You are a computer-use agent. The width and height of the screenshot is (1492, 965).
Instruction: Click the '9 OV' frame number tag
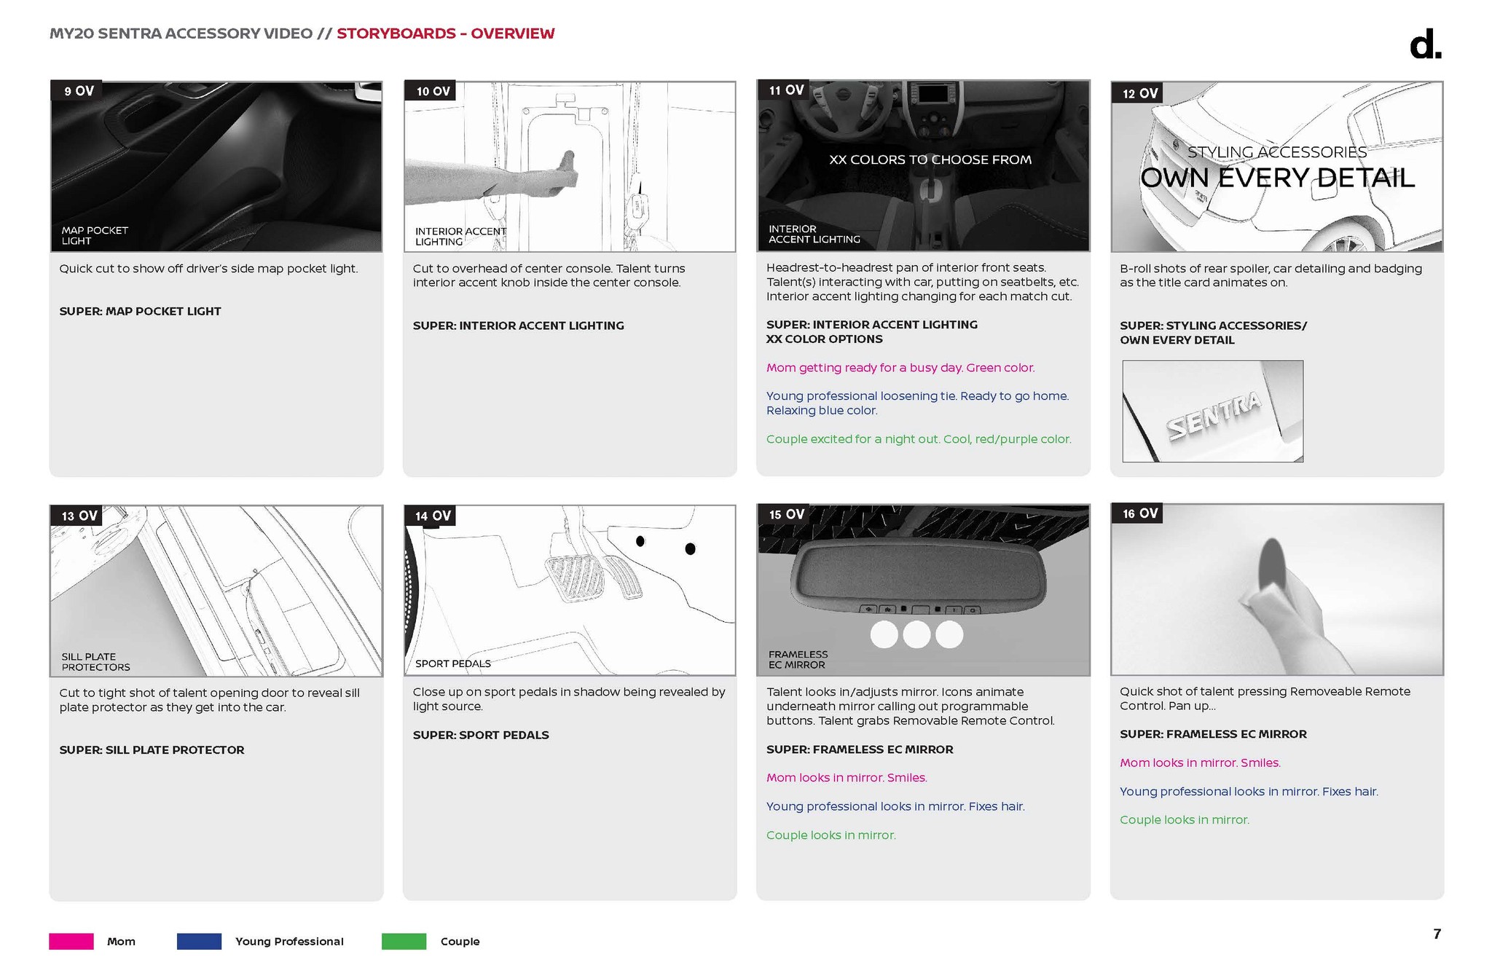coord(76,91)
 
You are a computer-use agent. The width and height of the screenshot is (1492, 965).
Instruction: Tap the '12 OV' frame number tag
coord(1137,93)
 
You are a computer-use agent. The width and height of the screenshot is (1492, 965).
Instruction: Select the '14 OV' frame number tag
coord(430,516)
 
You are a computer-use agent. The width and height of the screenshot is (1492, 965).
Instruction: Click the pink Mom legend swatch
coord(71,941)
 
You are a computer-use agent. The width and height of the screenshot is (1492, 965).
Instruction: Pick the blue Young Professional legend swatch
coord(199,941)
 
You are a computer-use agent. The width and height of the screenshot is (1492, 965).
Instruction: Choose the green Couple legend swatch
coord(404,941)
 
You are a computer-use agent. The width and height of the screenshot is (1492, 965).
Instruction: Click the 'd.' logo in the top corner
coord(1426,45)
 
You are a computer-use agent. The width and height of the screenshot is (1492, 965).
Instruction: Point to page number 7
coord(1437,934)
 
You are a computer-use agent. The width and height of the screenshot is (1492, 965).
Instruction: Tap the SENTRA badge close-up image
coord(1212,411)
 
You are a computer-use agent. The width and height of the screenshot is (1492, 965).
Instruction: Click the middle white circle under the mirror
coord(916,634)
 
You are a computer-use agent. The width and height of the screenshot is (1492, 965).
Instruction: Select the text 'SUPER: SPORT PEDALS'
coord(481,735)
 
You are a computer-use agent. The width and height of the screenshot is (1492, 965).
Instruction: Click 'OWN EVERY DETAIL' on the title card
coord(1277,178)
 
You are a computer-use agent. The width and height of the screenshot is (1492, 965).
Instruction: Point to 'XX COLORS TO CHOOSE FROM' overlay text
coord(930,159)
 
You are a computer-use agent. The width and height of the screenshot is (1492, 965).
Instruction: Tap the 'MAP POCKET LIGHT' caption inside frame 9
coord(95,235)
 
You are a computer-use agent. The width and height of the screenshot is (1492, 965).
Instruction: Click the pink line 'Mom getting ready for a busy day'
coord(900,368)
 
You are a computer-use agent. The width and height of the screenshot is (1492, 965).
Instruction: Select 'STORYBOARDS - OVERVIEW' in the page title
coord(446,34)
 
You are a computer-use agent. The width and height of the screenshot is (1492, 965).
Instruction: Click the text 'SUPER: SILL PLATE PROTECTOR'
coord(152,749)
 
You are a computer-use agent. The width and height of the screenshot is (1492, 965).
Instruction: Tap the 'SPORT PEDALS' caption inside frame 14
coord(452,663)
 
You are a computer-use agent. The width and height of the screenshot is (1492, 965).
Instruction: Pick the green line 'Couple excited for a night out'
coord(919,439)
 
